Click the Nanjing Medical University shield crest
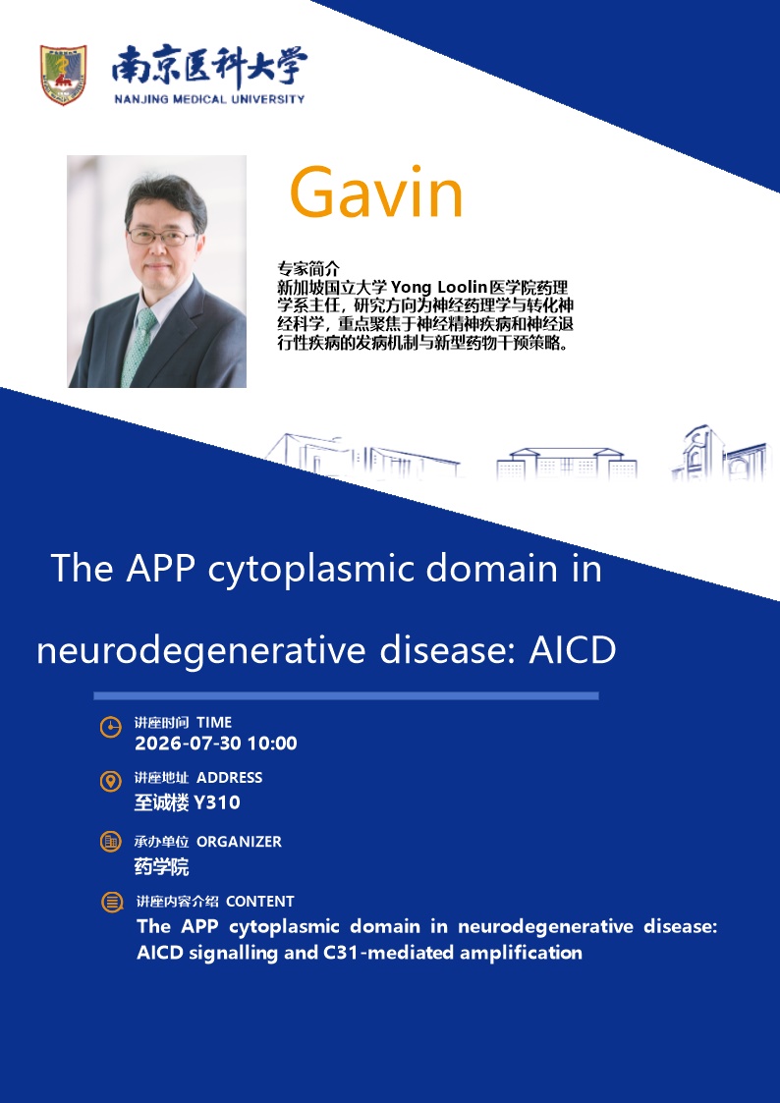pos(63,75)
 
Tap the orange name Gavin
pos(376,193)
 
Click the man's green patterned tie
pos(139,346)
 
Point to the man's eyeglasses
pos(162,237)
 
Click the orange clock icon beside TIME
pos(110,727)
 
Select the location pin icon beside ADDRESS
pos(110,781)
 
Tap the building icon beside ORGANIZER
pos(110,842)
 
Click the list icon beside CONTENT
pos(112,902)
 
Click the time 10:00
pos(272,744)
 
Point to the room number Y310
pos(217,802)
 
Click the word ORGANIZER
pos(239,842)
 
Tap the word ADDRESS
pos(229,777)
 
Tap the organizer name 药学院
pos(162,866)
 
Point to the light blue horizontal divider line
pos(346,695)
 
